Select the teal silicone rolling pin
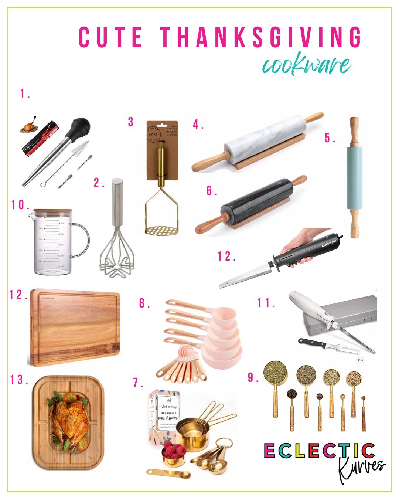point(354,177)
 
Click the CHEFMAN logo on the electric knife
point(329,243)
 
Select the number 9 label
point(251,377)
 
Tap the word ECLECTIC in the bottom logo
point(320,451)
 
